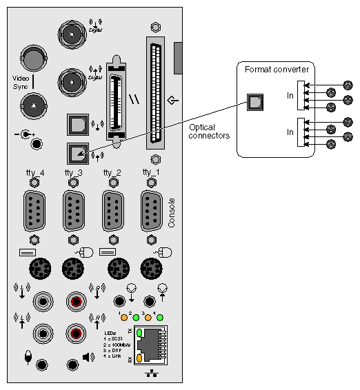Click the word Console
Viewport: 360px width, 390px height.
(172, 213)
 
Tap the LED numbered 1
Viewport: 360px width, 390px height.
(123, 318)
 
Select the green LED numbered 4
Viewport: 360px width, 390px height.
(160, 318)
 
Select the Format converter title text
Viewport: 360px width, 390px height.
(277, 68)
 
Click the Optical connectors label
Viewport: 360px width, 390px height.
(209, 130)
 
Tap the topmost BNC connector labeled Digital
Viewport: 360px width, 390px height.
(72, 32)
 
